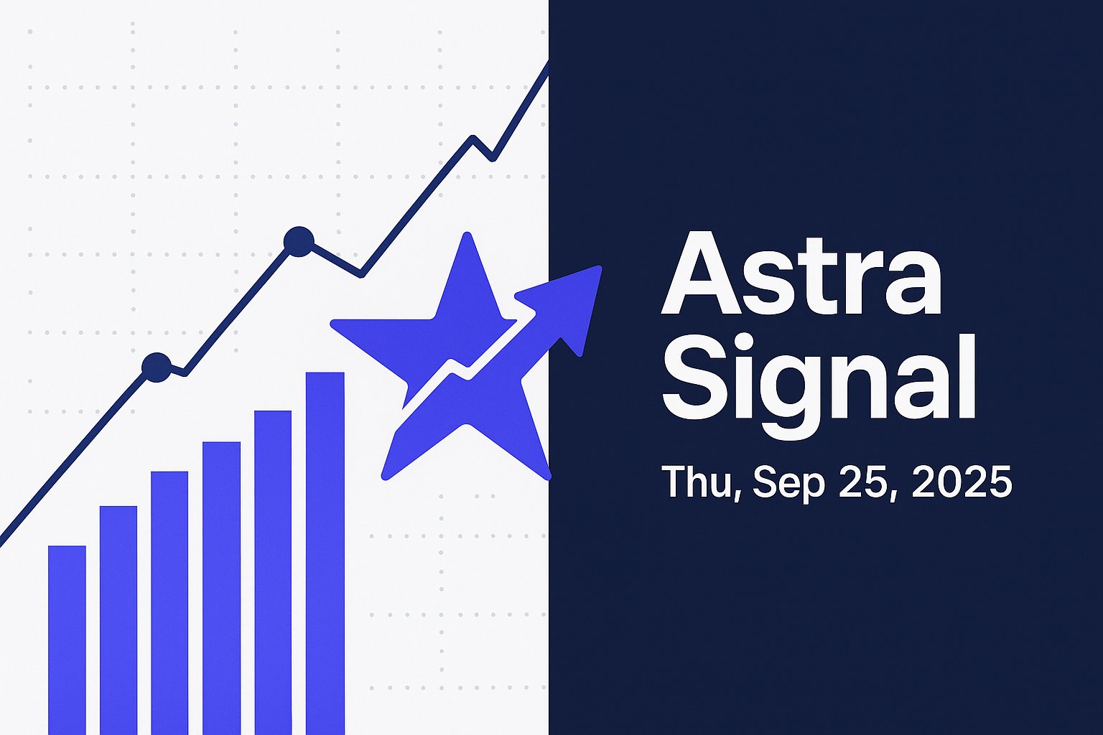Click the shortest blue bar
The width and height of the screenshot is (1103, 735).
pyautogui.click(x=67, y=640)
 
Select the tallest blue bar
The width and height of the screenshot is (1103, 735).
pyautogui.click(x=325, y=553)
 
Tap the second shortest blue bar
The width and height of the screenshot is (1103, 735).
pyautogui.click(x=118, y=620)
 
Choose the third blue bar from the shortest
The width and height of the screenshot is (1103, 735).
pyautogui.click(x=169, y=603)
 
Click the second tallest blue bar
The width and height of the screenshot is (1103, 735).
pyautogui.click(x=273, y=573)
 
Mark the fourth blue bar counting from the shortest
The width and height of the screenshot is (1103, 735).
pyautogui.click(x=222, y=589)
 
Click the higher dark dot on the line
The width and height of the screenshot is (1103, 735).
pyautogui.click(x=299, y=241)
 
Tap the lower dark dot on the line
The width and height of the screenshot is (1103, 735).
pyautogui.click(x=157, y=367)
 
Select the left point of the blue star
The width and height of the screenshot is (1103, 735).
pyautogui.click(x=333, y=324)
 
